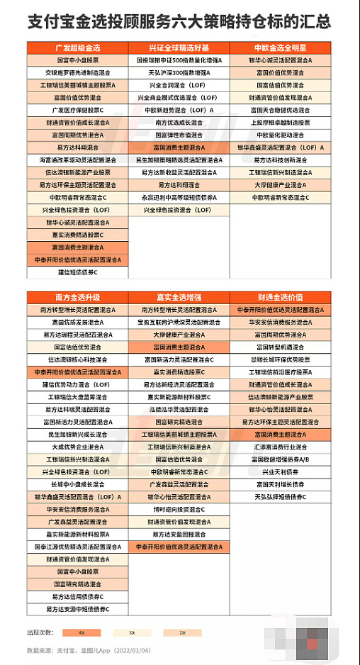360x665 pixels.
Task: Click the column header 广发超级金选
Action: [x=78, y=48]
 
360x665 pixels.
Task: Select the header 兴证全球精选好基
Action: [x=179, y=48]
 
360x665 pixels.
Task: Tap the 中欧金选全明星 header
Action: [x=280, y=48]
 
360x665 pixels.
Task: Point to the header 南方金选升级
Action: [x=78, y=297]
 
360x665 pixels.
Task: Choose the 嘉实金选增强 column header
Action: [x=179, y=297]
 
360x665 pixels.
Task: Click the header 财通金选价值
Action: [x=280, y=297]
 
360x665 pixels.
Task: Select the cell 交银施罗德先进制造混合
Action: [x=78, y=72]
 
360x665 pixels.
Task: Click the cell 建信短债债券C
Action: [x=78, y=272]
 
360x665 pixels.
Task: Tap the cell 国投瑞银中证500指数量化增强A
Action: [x=179, y=61]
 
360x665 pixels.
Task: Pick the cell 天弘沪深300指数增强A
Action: [x=179, y=72]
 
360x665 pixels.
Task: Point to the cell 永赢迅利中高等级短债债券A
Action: [x=179, y=198]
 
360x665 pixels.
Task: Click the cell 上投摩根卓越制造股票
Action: [x=280, y=123]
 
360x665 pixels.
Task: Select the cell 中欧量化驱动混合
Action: [x=280, y=135]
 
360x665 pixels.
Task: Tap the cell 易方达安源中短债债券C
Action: [x=78, y=609]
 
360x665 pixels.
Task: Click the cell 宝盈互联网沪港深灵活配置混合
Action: [x=179, y=322]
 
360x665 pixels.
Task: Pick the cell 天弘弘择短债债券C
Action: [x=280, y=497]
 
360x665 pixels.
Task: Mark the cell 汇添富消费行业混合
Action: [x=280, y=447]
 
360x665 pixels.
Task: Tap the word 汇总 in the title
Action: [x=314, y=22]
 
